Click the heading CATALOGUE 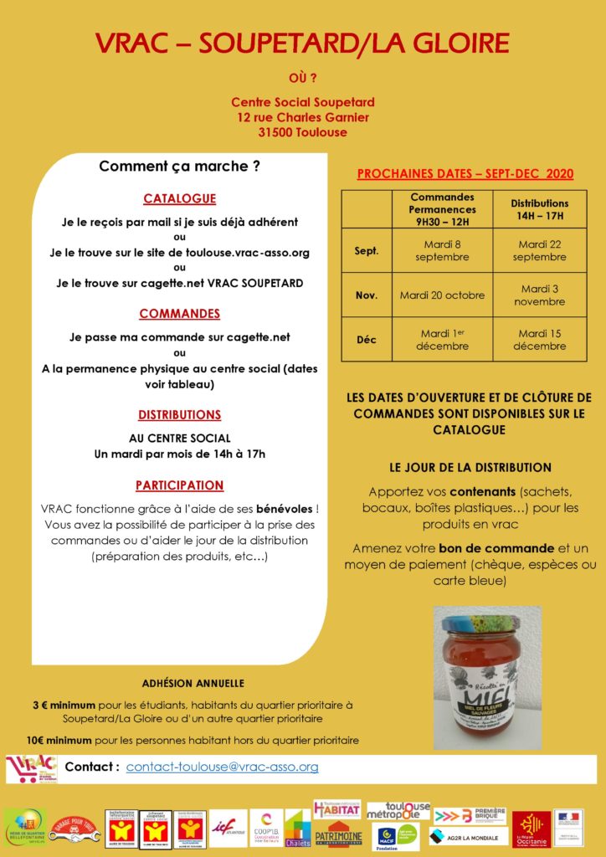pos(179,198)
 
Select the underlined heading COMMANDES pos(179,314)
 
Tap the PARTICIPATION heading pos(179,485)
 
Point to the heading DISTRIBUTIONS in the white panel pos(179,414)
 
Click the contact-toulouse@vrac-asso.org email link pos(222,767)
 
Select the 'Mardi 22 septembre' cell pos(539,250)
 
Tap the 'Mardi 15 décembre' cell pos(539,340)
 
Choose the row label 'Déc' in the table pos(367,340)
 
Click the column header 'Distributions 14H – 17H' pos(539,209)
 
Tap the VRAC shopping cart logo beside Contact pos(31,767)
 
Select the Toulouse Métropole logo pos(398,811)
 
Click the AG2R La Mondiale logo pos(468,836)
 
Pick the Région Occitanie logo pos(532,828)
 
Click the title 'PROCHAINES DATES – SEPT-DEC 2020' pos(465,174)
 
